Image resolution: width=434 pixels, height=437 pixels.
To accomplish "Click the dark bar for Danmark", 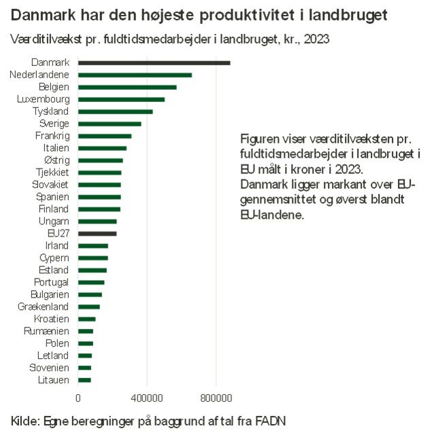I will (x=154, y=63).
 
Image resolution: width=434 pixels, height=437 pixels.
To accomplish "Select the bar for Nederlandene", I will (x=135, y=75).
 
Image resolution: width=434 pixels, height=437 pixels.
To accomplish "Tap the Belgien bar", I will (x=127, y=87).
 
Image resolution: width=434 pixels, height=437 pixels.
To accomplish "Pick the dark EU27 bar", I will (x=97, y=233).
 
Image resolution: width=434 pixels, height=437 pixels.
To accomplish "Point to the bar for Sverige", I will (x=110, y=124).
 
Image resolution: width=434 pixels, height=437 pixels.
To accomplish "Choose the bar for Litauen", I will (x=84, y=380).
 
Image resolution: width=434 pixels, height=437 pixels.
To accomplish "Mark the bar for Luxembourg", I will (x=121, y=99).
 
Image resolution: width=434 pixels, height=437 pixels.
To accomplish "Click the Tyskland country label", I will (x=50, y=111).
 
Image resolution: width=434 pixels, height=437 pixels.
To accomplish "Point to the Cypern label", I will (x=54, y=258).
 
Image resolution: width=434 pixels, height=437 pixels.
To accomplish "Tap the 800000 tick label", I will (x=216, y=398).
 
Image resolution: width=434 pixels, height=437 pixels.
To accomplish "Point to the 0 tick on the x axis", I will (x=78, y=398).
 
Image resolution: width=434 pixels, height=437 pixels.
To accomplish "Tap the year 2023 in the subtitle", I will (x=316, y=39).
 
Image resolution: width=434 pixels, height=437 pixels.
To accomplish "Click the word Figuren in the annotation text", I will (x=258, y=136).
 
